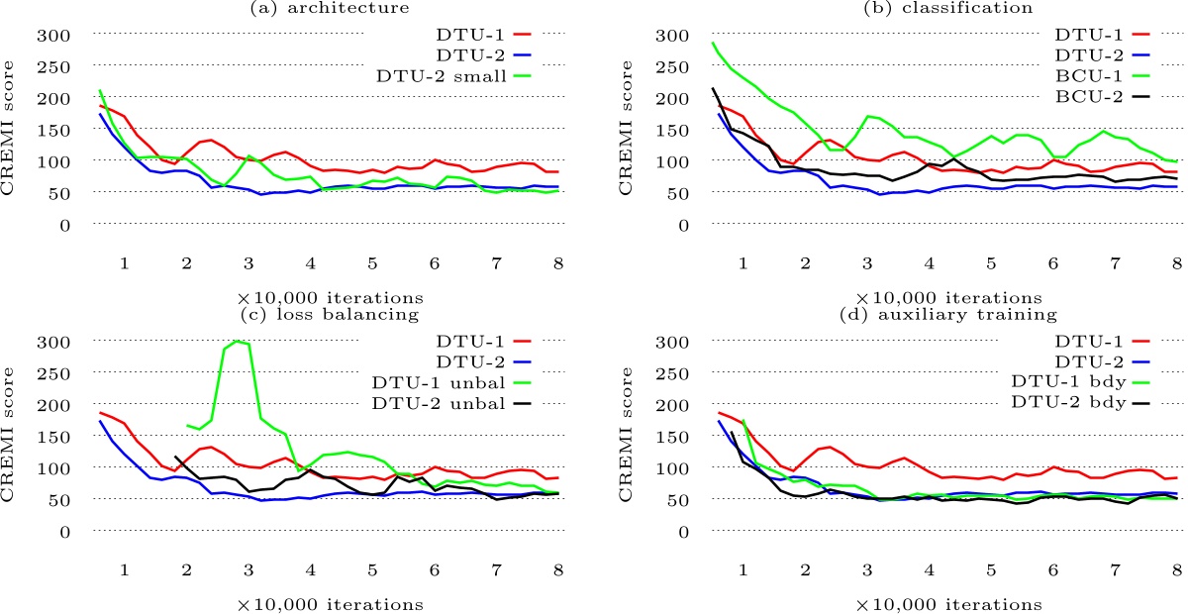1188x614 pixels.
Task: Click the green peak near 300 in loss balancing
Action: pos(237,342)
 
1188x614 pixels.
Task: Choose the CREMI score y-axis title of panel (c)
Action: pos(13,436)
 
